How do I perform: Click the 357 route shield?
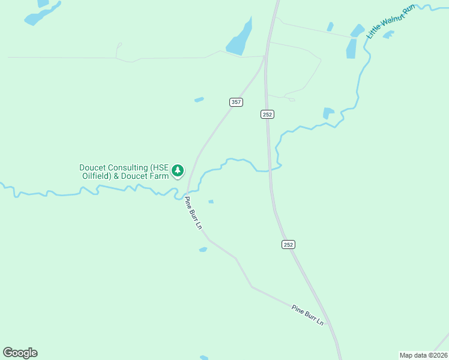(236, 102)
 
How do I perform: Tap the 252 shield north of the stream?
(268, 114)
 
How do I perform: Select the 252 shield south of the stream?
(289, 244)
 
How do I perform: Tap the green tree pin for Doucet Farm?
(178, 171)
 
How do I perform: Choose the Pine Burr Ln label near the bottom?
(308, 315)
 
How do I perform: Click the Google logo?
(20, 353)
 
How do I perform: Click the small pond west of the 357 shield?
(199, 100)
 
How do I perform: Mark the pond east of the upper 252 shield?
(328, 113)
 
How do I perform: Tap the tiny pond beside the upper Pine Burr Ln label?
(211, 202)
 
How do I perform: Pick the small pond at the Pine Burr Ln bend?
(203, 249)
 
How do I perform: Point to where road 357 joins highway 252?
(265, 57)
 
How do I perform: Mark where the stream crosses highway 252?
(270, 170)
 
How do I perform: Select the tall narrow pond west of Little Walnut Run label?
(351, 48)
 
